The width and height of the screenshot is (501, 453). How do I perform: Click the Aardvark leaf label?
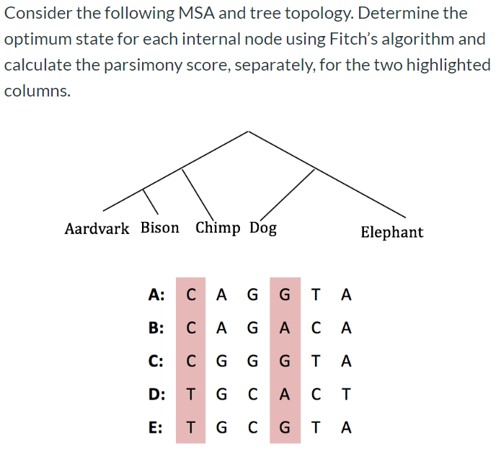click(x=97, y=229)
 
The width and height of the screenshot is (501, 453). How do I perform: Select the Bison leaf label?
click(x=159, y=228)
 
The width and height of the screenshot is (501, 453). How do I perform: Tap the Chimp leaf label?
click(x=218, y=228)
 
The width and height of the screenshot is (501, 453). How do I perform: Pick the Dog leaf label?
click(x=263, y=229)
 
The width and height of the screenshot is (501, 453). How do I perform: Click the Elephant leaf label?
click(x=391, y=232)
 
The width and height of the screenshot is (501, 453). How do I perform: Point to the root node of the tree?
click(x=249, y=131)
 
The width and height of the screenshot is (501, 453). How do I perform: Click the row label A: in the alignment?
click(x=156, y=295)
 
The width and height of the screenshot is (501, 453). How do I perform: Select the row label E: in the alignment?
click(x=155, y=427)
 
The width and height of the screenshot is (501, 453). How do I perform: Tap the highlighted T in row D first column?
click(x=190, y=394)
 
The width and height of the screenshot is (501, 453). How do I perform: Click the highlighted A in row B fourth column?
click(x=285, y=328)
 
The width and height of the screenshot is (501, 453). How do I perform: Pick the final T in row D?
click(x=347, y=394)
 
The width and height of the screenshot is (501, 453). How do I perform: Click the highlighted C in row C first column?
click(x=190, y=361)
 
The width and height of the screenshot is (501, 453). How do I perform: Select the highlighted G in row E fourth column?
click(x=285, y=427)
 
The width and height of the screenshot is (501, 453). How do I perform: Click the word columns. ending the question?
click(x=37, y=91)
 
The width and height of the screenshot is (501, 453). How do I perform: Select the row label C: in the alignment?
click(x=156, y=361)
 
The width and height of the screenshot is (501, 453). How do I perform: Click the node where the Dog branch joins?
click(x=315, y=169)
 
